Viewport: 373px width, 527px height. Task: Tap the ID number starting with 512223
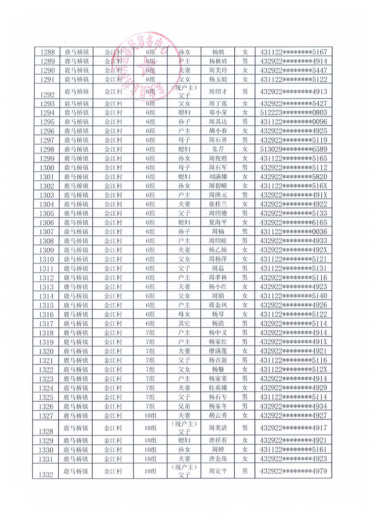(x=293, y=113)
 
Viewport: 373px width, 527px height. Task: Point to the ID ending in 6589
(x=293, y=149)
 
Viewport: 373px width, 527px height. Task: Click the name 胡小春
(x=217, y=131)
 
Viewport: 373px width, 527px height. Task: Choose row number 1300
(x=48, y=168)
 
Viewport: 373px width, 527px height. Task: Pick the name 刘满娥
(x=217, y=177)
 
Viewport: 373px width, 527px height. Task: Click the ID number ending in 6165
(x=293, y=223)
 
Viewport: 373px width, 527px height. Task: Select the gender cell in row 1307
(x=244, y=232)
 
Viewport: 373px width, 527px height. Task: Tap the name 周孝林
(x=217, y=278)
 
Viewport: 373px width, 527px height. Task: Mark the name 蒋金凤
(x=217, y=305)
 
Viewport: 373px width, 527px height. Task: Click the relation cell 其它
(x=184, y=324)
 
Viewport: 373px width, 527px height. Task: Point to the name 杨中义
(x=217, y=333)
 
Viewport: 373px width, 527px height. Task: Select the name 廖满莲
(x=217, y=351)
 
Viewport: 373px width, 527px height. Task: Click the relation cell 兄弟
(x=184, y=406)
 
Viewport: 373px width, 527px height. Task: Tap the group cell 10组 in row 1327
(x=150, y=415)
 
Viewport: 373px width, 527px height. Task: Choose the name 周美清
(x=217, y=428)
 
